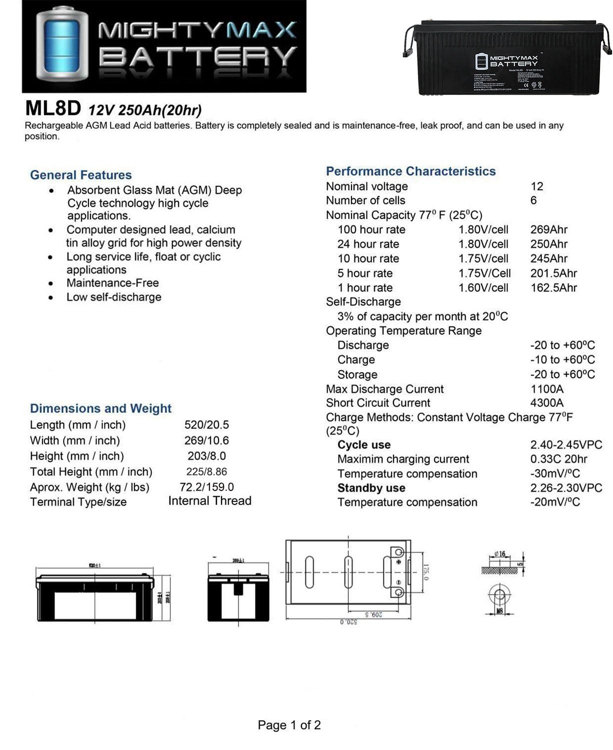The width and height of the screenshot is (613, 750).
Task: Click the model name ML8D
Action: coord(53,108)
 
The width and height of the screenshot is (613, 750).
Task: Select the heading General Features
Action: coord(81,175)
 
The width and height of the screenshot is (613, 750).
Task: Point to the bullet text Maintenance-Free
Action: coord(112,283)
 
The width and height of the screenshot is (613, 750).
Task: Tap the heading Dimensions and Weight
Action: coord(100,408)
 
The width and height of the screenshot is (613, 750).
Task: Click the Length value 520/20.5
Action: coord(206,425)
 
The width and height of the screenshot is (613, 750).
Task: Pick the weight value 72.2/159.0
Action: coord(206,487)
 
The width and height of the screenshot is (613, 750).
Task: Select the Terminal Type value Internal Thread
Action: coord(210,501)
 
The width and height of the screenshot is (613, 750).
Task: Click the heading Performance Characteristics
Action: coord(410,171)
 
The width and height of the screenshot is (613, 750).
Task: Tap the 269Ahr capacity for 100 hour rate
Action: coord(548,229)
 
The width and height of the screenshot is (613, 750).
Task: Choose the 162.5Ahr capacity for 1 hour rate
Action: coord(553,287)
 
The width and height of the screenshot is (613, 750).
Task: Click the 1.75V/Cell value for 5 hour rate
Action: coord(484,273)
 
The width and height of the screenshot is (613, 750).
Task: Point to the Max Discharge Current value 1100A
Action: coord(546,389)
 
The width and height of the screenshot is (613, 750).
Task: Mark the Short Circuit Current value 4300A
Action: coord(546,403)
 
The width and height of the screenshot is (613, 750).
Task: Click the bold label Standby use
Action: coord(371,488)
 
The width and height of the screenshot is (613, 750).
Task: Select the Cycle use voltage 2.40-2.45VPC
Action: coord(566,445)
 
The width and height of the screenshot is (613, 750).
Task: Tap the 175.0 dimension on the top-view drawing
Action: coord(426,571)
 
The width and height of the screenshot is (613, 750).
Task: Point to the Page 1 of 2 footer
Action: coord(289,725)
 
